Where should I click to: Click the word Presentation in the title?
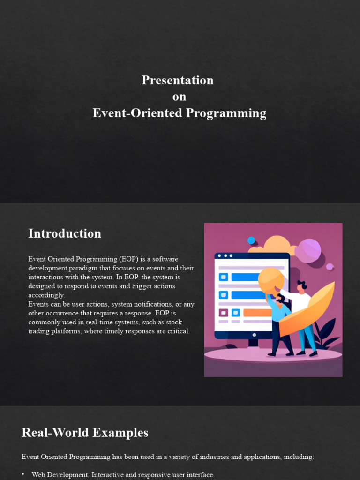point(178,80)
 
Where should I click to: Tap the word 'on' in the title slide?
point(179,97)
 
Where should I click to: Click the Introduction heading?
point(65,233)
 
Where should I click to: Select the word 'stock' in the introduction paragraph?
point(173,322)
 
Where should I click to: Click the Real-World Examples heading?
point(85,433)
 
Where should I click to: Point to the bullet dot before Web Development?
point(23,474)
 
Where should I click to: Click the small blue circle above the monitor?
point(251,240)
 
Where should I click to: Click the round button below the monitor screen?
point(254,335)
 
